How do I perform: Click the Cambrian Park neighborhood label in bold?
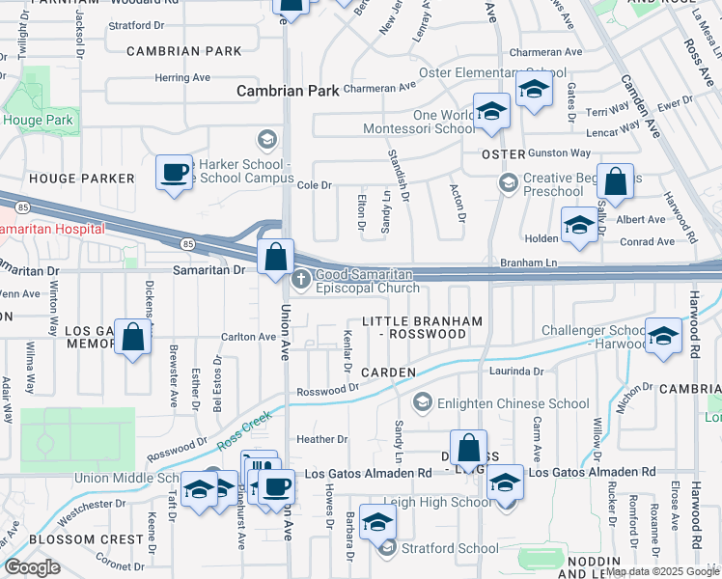click(x=289, y=91)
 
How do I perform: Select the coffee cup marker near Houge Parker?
click(x=174, y=174)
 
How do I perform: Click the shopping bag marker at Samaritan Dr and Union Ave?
click(x=276, y=258)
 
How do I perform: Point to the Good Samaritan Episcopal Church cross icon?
click(x=301, y=280)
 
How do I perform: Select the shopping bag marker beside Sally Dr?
click(x=615, y=181)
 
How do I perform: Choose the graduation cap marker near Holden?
click(x=578, y=226)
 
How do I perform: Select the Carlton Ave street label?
click(x=249, y=337)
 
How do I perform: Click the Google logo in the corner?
click(x=32, y=567)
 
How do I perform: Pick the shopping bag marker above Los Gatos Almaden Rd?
click(x=468, y=449)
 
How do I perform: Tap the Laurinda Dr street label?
click(x=516, y=371)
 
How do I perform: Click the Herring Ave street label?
click(x=181, y=77)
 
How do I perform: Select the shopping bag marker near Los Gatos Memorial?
click(x=134, y=338)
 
